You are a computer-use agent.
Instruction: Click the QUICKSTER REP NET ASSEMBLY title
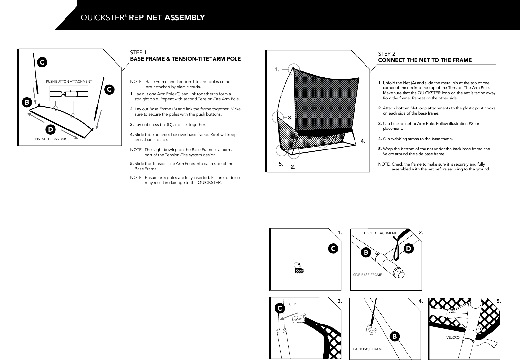click(x=142, y=17)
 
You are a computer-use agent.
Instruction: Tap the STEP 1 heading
click(x=138, y=52)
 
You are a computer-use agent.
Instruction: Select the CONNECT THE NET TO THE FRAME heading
click(x=425, y=60)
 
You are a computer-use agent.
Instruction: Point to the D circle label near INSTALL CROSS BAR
click(x=50, y=129)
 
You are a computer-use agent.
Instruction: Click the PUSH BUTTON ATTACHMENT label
click(x=69, y=81)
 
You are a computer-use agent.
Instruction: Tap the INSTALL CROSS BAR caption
click(x=50, y=139)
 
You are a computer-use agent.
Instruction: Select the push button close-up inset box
click(x=69, y=94)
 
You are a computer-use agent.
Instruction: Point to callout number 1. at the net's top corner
click(x=276, y=69)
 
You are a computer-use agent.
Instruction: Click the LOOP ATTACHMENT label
click(x=380, y=233)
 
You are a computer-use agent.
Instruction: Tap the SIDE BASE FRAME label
click(x=367, y=275)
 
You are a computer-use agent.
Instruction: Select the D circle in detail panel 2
click(x=409, y=248)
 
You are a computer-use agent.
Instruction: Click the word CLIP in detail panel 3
click(x=292, y=304)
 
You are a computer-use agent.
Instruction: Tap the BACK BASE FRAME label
click(x=368, y=349)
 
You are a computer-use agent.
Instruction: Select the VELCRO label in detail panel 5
click(x=453, y=337)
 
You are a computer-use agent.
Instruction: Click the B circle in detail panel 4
click(x=394, y=336)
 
